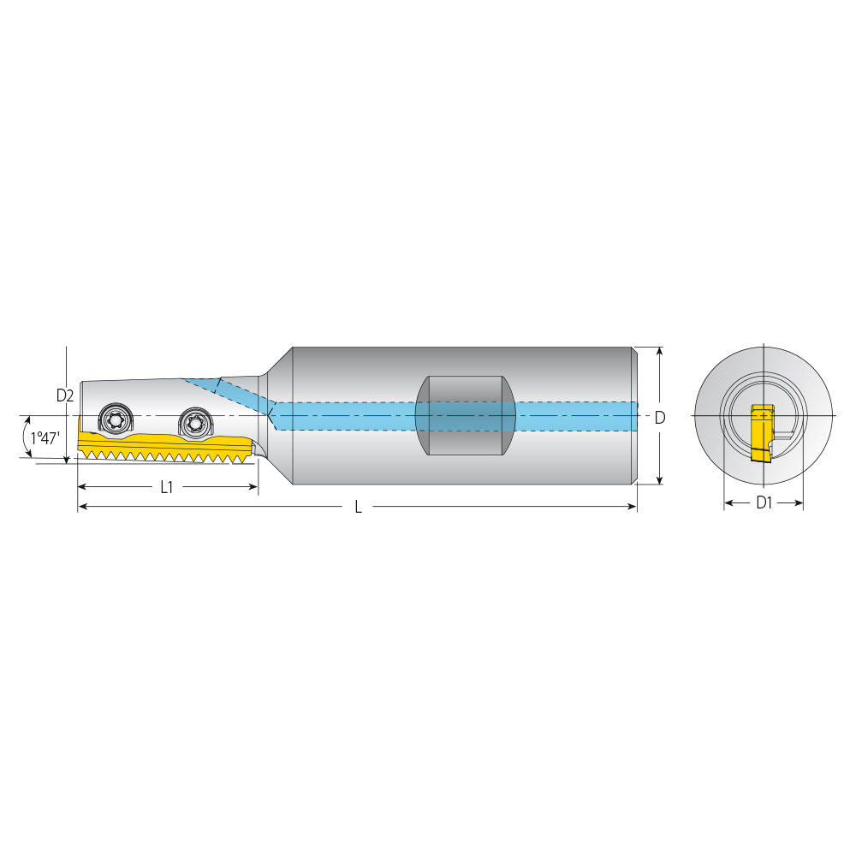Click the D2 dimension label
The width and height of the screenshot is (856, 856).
click(65, 395)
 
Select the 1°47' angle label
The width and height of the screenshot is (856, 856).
click(45, 437)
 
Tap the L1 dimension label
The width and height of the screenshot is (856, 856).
click(167, 487)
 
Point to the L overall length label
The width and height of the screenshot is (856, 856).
click(358, 507)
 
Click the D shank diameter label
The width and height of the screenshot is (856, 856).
click(660, 418)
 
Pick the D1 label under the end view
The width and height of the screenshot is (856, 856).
click(764, 502)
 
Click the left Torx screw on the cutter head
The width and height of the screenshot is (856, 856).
click(116, 419)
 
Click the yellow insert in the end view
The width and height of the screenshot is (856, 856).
click(761, 432)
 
